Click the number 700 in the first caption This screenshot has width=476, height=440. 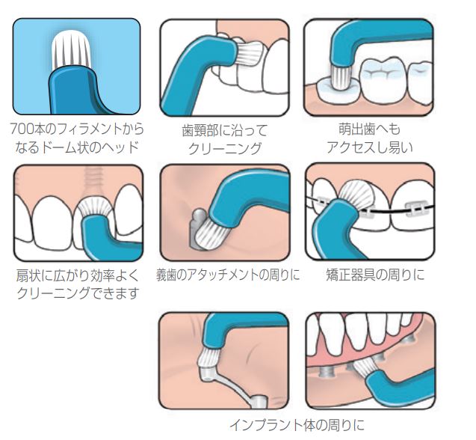[22, 129]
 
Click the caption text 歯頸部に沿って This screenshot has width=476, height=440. [225, 131]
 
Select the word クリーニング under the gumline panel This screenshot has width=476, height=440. [225, 149]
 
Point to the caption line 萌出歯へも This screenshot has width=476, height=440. [369, 129]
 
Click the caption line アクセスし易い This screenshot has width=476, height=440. [369, 147]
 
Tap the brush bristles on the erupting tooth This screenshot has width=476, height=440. [341, 78]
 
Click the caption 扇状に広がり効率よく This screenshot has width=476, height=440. [78, 276]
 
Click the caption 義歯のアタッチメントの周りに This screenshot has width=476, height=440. [228, 275]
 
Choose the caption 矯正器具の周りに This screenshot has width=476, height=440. [375, 275]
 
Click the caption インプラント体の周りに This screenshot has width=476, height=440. [297, 425]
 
